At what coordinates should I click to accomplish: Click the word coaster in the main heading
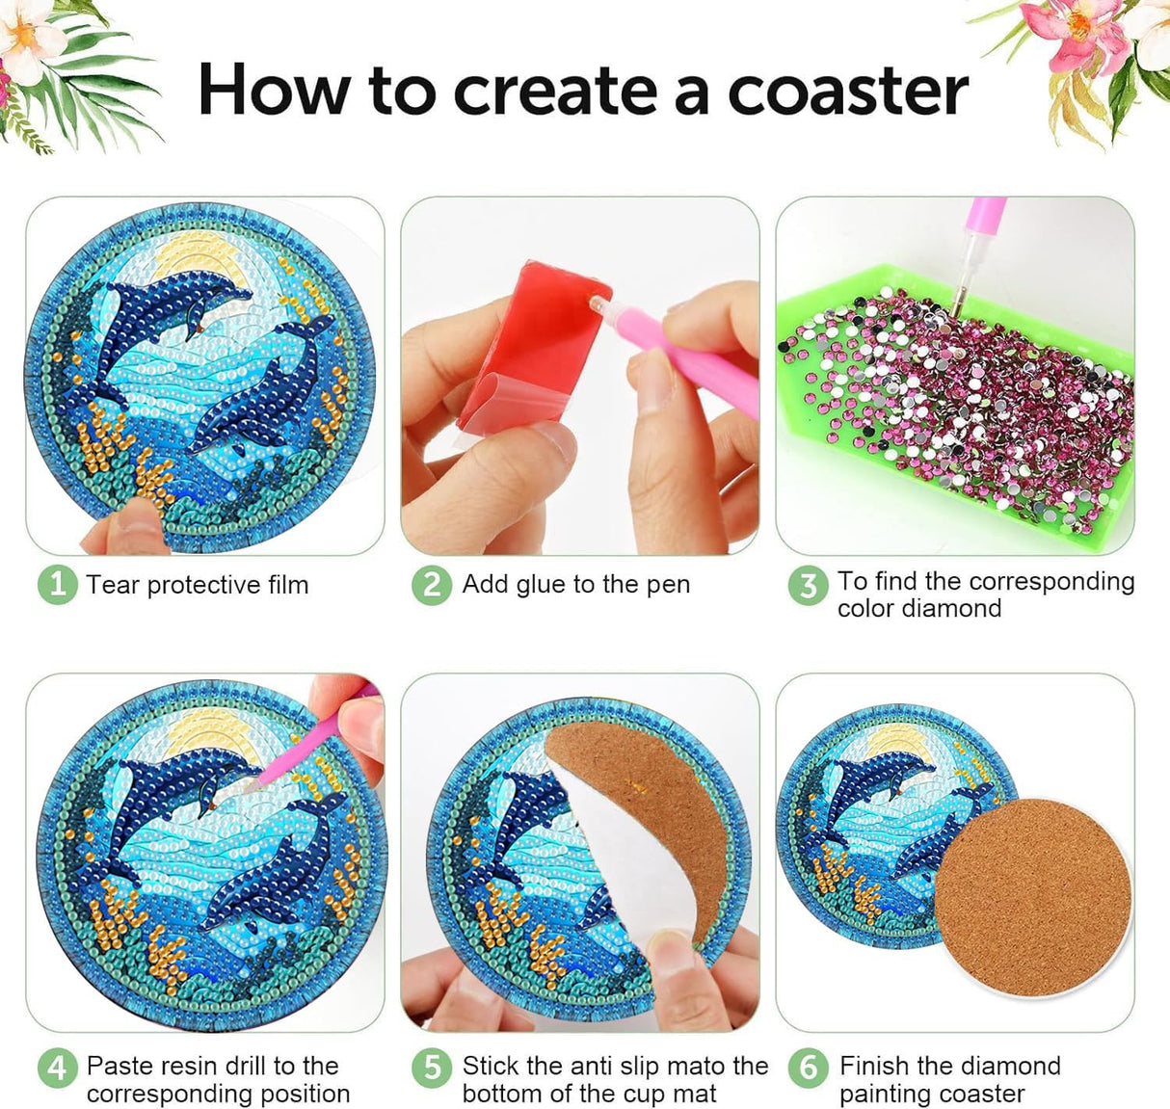click(847, 92)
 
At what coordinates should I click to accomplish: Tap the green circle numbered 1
click(57, 585)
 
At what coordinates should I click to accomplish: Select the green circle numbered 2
click(431, 585)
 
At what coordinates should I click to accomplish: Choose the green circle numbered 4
click(57, 1068)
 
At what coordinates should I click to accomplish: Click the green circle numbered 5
click(431, 1068)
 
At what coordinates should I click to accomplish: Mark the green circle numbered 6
click(808, 1068)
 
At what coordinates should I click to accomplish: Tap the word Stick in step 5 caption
click(491, 1066)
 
